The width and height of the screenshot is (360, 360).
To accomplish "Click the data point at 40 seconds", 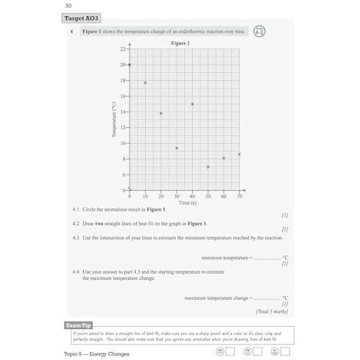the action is [x=192, y=104].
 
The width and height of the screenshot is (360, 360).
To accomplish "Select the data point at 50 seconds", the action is [x=208, y=167].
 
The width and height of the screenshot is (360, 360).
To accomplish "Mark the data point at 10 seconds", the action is [x=145, y=82].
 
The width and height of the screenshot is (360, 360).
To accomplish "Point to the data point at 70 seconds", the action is [x=239, y=154].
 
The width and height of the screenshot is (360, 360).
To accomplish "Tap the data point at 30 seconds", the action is [x=177, y=148].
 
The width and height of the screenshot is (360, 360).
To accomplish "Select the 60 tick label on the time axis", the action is [x=224, y=197].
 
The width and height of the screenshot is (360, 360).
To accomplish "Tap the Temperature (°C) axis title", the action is [x=115, y=119].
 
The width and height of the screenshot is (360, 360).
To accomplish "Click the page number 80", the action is [x=69, y=7].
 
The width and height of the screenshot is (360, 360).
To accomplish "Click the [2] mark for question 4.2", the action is [x=284, y=230].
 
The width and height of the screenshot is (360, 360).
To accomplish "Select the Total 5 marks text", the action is [x=272, y=311].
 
